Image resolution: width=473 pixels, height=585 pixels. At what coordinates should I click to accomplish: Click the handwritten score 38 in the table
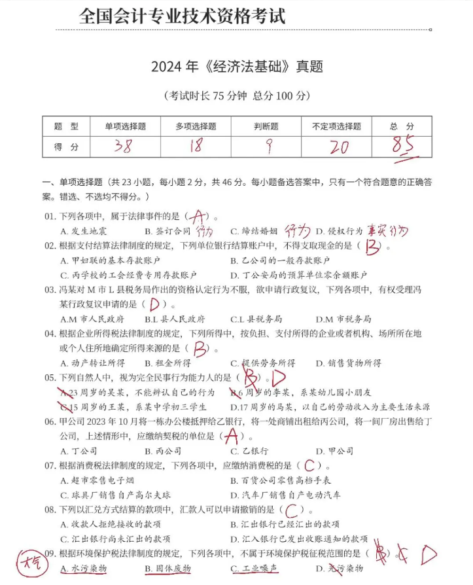pos(122,146)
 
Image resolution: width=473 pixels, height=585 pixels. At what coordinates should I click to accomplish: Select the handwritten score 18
pos(196,146)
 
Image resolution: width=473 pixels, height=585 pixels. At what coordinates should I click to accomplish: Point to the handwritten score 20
pos(339,147)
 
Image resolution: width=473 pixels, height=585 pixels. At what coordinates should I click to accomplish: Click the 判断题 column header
pos(266,126)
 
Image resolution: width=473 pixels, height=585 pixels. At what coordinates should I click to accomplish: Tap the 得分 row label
pos(65,147)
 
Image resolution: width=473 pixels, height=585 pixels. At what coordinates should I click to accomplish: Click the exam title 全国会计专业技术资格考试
pos(183,16)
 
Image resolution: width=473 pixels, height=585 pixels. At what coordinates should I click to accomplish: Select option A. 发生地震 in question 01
pos(83,232)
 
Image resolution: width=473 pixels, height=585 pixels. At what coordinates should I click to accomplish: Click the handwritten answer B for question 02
pos(373,247)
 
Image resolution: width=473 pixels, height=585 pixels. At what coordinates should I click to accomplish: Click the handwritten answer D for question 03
pos(155,304)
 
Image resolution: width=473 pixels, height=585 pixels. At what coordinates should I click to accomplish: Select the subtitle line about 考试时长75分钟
pos(236,96)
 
